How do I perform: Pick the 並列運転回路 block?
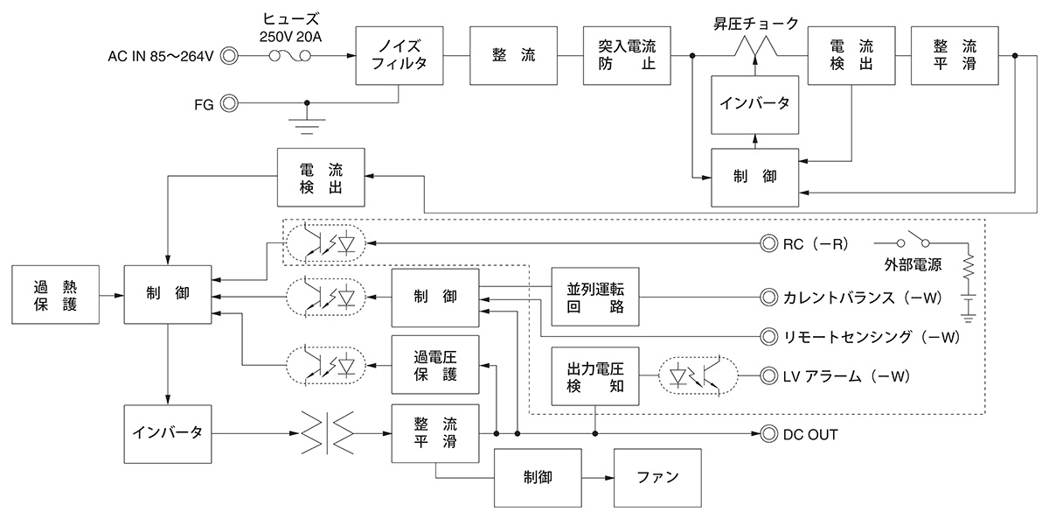594,295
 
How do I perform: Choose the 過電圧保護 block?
435,364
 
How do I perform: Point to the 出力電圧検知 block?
594,375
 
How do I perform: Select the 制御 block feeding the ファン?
538,478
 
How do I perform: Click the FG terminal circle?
229,103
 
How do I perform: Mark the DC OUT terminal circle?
769,433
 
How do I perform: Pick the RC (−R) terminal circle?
769,243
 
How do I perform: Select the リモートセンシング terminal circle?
769,335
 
